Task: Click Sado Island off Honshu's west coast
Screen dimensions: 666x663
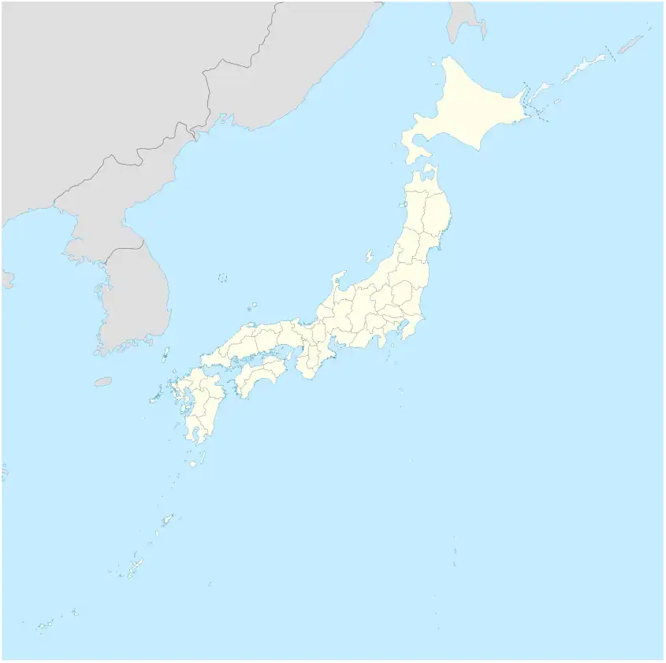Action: pyautogui.click(x=368, y=256)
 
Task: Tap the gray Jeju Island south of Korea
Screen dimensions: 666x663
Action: pyautogui.click(x=103, y=382)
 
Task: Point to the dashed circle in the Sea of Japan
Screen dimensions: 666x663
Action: pyautogui.click(x=222, y=277)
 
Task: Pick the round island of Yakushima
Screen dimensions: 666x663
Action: pyautogui.click(x=192, y=464)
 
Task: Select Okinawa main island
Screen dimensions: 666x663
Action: pyautogui.click(x=136, y=566)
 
